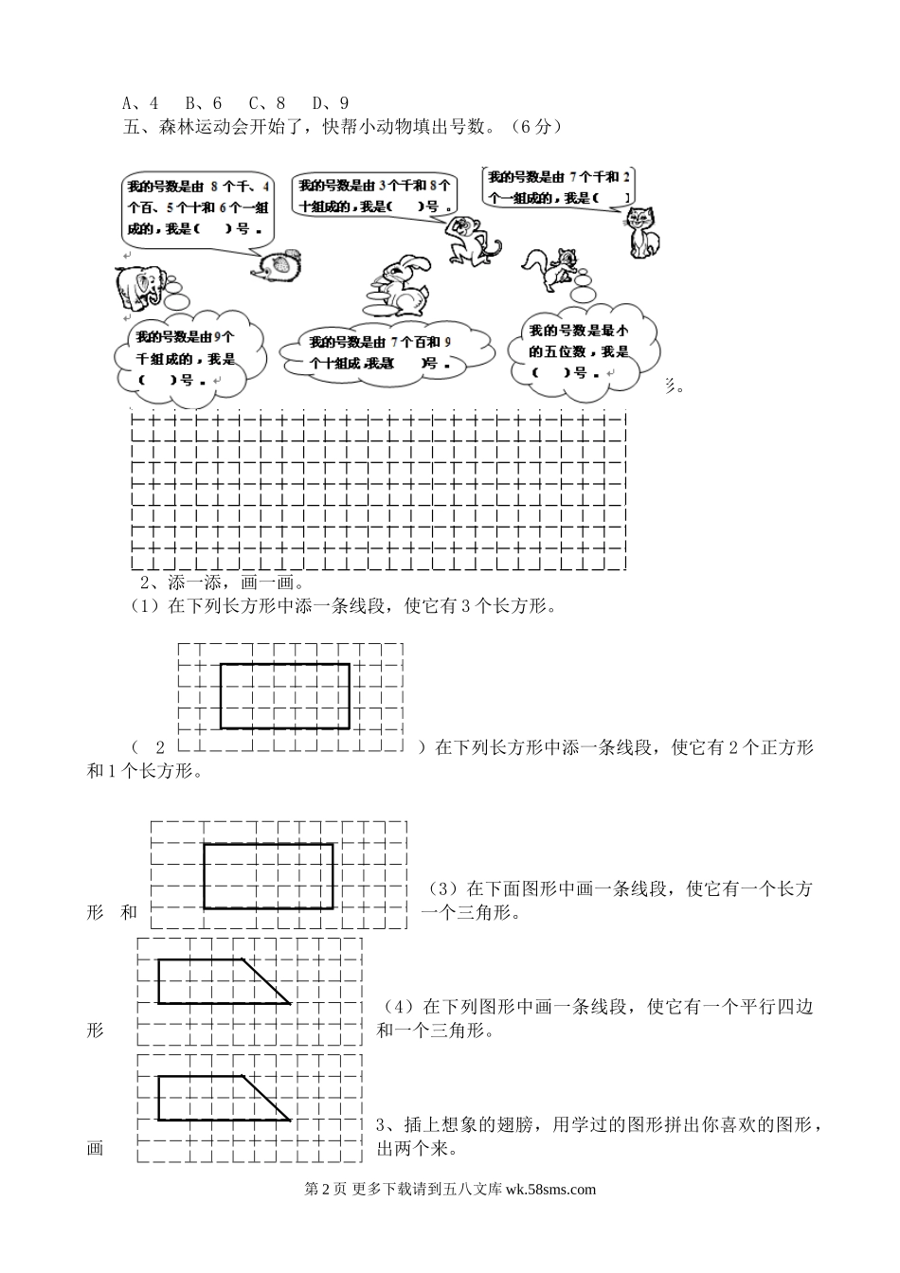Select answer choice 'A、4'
140,103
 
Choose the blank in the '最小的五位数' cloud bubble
552,372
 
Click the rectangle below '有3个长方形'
284,696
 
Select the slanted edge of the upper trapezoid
267,981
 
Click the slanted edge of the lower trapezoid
266,1098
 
